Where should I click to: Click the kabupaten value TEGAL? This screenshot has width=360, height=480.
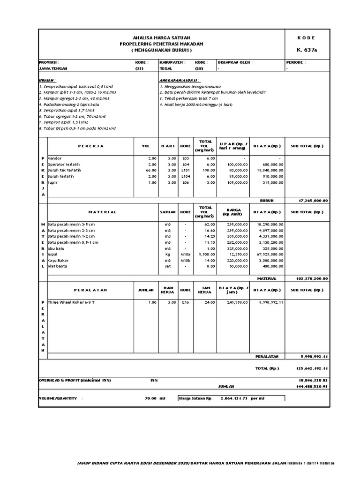click(166, 68)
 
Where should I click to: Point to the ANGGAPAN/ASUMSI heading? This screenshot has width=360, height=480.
click(179, 80)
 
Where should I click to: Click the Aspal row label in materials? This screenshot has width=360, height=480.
click(52, 254)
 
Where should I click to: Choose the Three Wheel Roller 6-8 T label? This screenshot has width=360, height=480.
click(71, 302)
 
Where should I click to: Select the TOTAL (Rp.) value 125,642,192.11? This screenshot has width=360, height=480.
click(312, 368)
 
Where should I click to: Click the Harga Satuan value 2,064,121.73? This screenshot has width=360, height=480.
click(237, 398)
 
